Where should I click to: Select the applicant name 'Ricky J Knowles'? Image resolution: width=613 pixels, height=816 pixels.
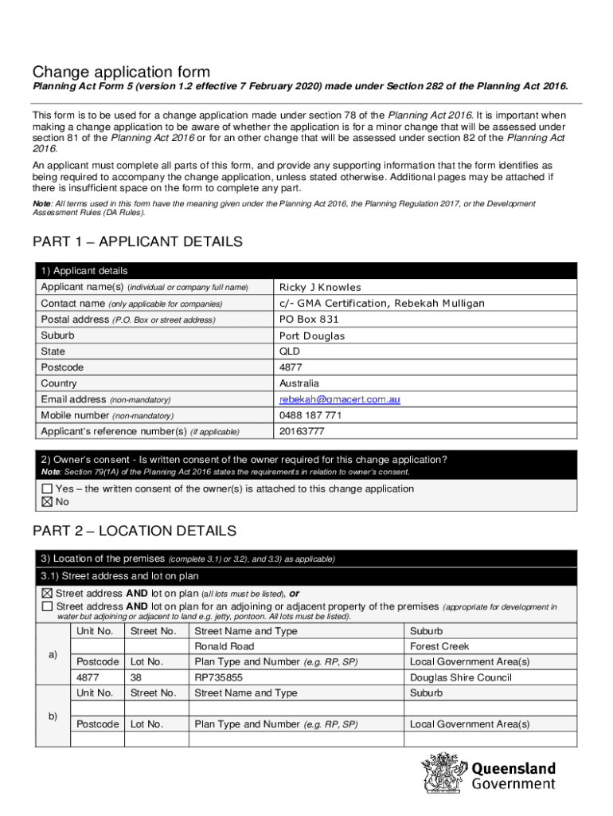pyautogui.click(x=319, y=287)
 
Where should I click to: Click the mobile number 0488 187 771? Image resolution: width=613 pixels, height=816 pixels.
pyautogui.click(x=310, y=415)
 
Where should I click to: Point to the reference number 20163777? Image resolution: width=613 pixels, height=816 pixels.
pyautogui.click(x=302, y=431)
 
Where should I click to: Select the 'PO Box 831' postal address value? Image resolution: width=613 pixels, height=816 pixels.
pyautogui.click(x=303, y=319)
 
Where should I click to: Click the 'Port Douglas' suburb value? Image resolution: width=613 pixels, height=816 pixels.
pyautogui.click(x=311, y=335)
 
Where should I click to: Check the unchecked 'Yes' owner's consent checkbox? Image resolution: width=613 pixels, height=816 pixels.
pyautogui.click(x=47, y=488)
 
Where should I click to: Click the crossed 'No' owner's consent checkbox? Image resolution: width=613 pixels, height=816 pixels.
pyautogui.click(x=47, y=502)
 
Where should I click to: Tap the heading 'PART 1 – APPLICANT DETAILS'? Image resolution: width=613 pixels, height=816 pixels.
pyautogui.click(x=137, y=241)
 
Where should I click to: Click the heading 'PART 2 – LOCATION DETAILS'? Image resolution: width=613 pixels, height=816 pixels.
pyautogui.click(x=134, y=530)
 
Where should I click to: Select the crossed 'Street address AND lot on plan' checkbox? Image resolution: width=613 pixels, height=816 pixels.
pyautogui.click(x=47, y=594)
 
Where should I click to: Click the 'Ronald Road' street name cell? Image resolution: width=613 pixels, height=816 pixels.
pyautogui.click(x=225, y=646)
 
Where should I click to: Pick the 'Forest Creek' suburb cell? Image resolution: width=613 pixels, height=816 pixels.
pyautogui.click(x=439, y=646)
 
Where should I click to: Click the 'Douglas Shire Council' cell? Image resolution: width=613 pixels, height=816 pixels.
pyautogui.click(x=460, y=677)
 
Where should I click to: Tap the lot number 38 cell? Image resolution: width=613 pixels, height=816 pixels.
pyautogui.click(x=135, y=677)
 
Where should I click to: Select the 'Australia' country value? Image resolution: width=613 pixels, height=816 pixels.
pyautogui.click(x=299, y=383)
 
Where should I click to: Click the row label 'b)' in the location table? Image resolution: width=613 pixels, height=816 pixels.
pyautogui.click(x=53, y=716)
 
